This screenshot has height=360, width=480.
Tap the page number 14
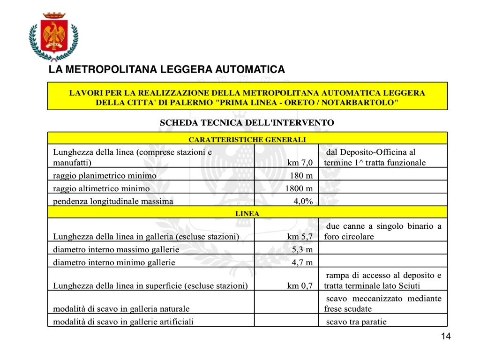(445, 337)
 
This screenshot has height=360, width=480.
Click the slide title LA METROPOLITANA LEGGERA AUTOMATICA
(167, 70)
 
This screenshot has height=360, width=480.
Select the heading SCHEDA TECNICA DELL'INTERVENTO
(247, 123)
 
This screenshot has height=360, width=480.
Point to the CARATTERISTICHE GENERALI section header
(247, 139)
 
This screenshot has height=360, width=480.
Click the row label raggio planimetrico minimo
(105, 176)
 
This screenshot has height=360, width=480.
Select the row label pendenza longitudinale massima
(113, 202)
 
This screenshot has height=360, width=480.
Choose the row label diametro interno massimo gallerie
(116, 249)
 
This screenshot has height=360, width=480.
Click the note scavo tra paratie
(356, 322)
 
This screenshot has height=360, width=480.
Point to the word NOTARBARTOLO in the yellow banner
(363, 102)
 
